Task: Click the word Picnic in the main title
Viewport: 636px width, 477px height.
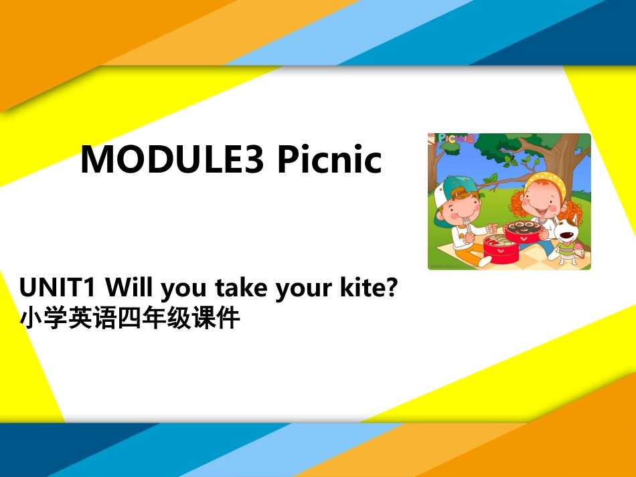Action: click(329, 160)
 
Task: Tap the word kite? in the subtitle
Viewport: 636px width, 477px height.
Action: click(370, 288)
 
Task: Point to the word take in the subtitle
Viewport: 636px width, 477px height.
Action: click(240, 288)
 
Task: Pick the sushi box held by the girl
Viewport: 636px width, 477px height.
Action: click(524, 231)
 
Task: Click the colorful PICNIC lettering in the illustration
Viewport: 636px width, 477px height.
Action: click(457, 139)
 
